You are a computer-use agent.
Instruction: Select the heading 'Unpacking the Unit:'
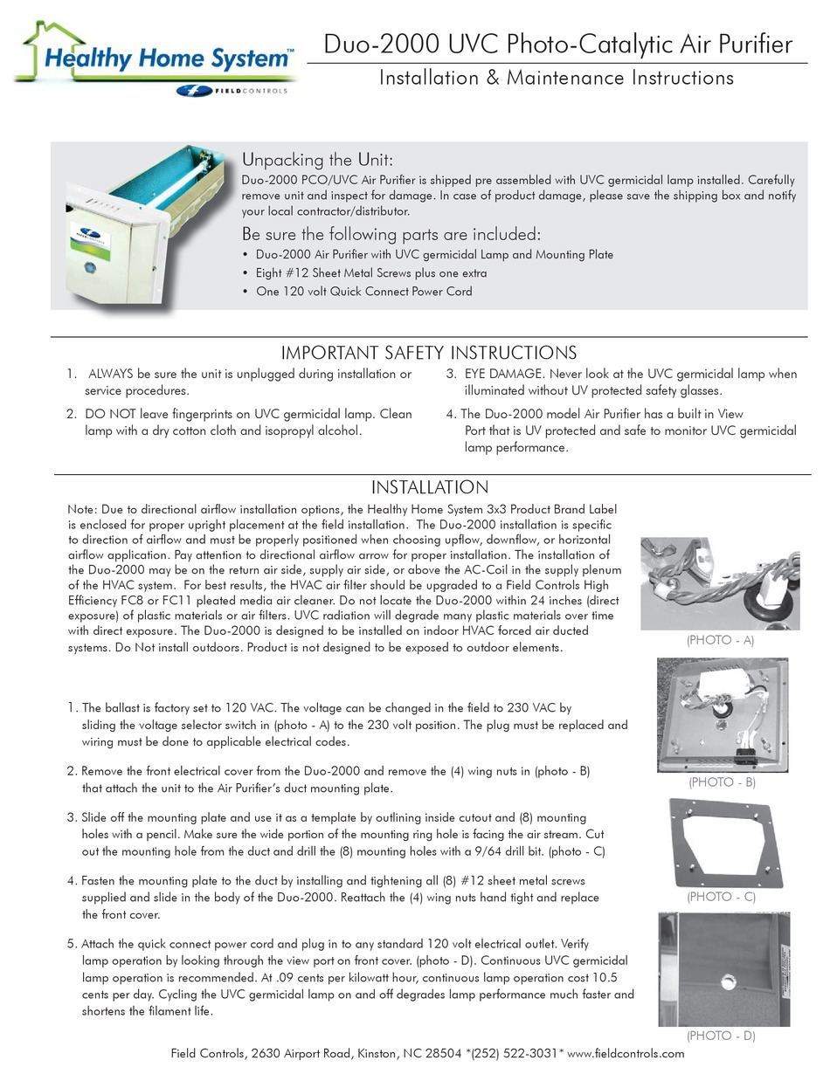(317, 160)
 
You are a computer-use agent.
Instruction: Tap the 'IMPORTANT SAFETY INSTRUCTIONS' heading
(428, 353)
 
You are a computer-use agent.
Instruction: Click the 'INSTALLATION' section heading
(429, 487)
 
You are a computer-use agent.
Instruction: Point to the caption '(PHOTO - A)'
(720, 640)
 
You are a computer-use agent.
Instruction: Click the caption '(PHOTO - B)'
(722, 782)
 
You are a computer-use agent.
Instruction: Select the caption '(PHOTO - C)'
(721, 897)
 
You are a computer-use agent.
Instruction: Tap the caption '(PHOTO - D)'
(721, 1036)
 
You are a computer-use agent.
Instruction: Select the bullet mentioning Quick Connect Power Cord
(363, 292)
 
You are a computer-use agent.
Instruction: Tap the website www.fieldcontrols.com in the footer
(626, 1054)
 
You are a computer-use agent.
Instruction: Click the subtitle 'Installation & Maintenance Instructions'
(556, 78)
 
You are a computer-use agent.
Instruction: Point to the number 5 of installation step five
(71, 945)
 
